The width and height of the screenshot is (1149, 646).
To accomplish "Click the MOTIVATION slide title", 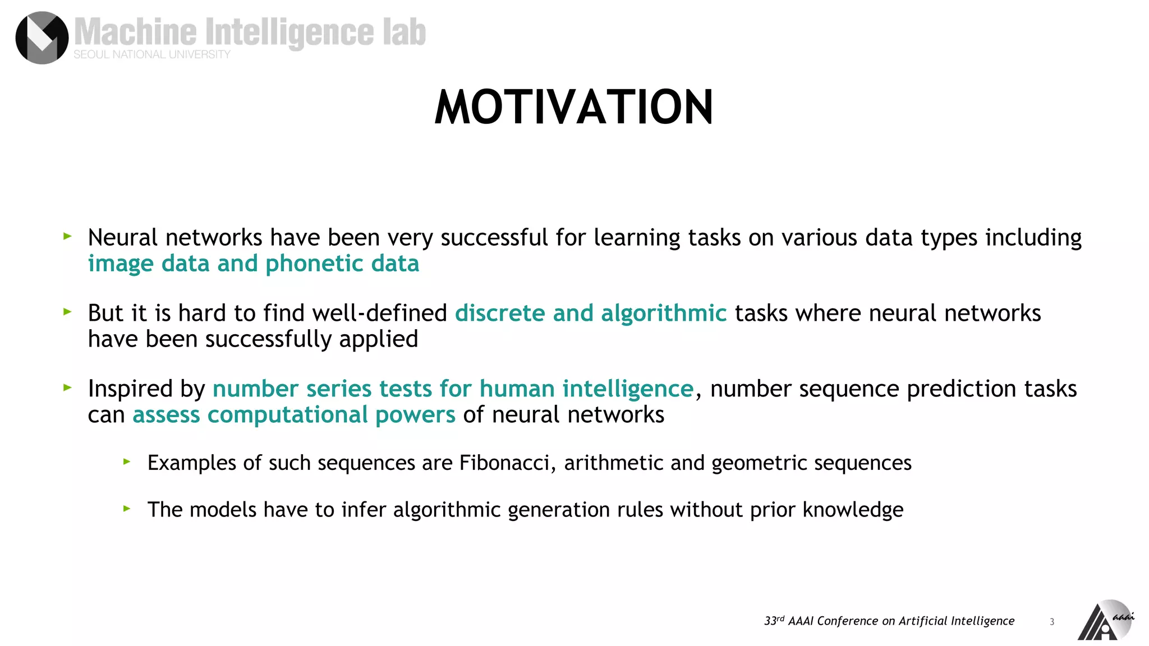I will tap(574, 107).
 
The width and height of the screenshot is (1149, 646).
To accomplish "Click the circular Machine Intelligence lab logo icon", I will tap(42, 38).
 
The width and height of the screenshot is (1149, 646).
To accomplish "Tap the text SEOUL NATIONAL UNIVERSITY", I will tap(152, 54).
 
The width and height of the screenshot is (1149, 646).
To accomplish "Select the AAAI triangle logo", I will tap(1103, 621).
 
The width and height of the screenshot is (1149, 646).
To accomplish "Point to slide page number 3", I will tap(1052, 621).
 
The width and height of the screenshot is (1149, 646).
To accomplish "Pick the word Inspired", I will tap(130, 389).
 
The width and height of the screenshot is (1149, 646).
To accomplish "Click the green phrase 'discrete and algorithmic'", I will tap(591, 313).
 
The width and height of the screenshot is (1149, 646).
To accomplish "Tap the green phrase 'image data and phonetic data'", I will tap(254, 264).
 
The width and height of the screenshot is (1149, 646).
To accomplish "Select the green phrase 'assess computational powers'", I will tap(294, 415).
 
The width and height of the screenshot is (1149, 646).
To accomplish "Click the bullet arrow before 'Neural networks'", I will tap(68, 237).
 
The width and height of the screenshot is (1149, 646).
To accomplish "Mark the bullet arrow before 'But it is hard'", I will tap(68, 312).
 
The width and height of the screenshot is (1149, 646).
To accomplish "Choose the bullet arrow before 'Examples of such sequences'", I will tap(127, 462).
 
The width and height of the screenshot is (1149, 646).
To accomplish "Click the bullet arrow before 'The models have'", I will tap(127, 509).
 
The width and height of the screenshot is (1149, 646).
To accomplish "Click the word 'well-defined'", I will tap(380, 313).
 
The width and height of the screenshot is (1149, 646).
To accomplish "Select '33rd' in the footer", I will tap(774, 621).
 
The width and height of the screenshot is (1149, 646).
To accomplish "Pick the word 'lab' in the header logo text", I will tap(405, 32).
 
